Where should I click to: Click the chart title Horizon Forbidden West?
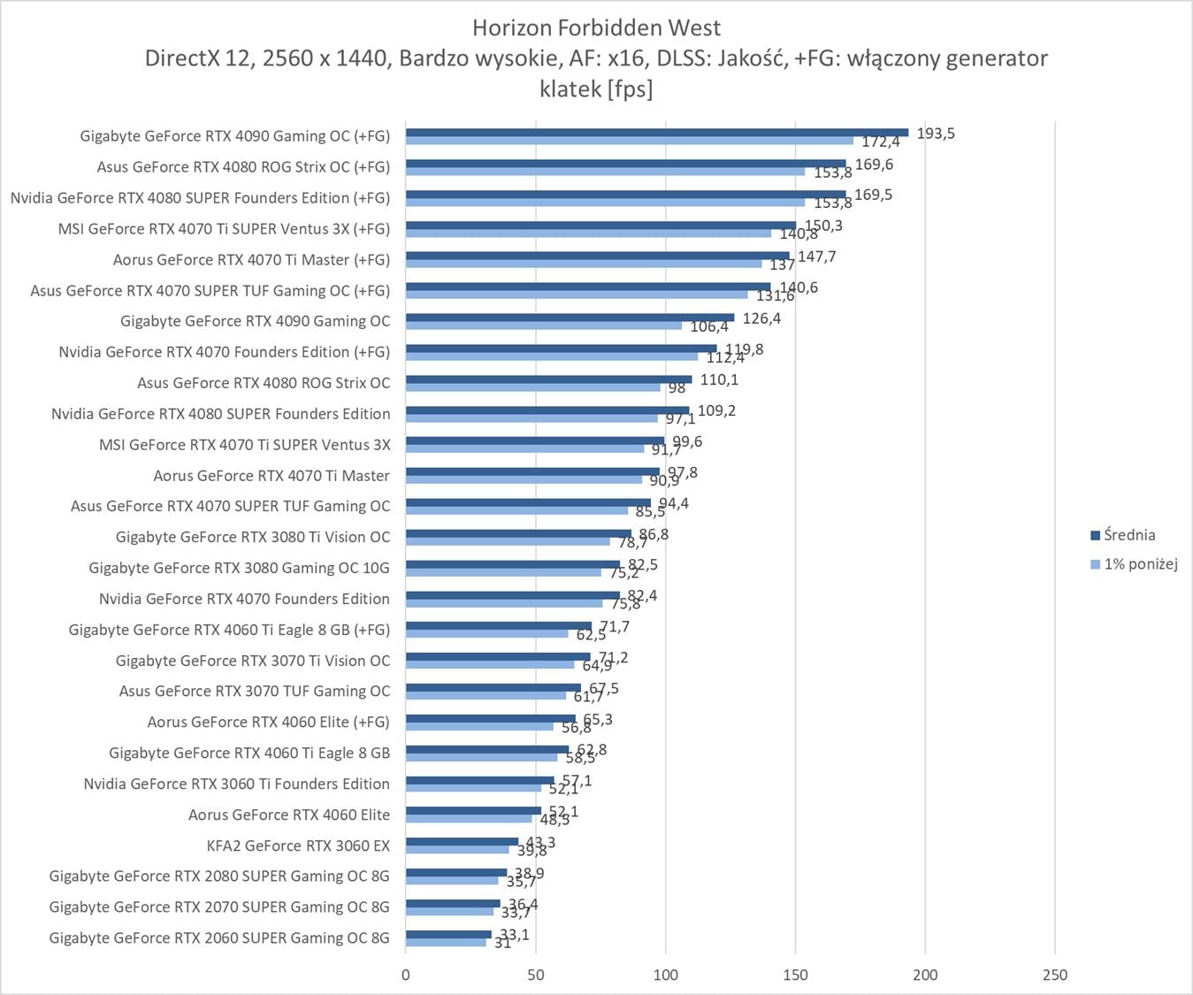[x=596, y=27]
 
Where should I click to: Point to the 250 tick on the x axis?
[x=1055, y=975]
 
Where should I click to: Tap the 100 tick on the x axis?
[x=665, y=975]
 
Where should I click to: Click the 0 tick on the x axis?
[x=406, y=975]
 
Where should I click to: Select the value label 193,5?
[x=936, y=134]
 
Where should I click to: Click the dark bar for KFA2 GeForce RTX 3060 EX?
[x=462, y=841]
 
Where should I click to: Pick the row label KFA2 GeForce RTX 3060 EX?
[x=298, y=846]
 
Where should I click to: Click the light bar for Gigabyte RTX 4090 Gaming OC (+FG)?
[x=630, y=141]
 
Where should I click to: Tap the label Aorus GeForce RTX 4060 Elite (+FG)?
[x=268, y=722]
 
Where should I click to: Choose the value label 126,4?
[x=761, y=318]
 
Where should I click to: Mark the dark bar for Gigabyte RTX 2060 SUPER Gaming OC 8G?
[x=448, y=934]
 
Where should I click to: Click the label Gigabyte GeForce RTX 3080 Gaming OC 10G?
[x=239, y=568]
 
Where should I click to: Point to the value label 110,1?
[x=719, y=380]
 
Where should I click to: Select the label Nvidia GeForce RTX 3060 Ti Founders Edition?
[x=236, y=784]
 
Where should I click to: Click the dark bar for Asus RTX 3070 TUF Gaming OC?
[x=493, y=687]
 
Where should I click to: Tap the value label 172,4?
[x=881, y=142]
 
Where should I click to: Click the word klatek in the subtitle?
[x=570, y=88]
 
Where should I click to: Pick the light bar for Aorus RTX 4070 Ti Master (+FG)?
[x=584, y=264]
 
